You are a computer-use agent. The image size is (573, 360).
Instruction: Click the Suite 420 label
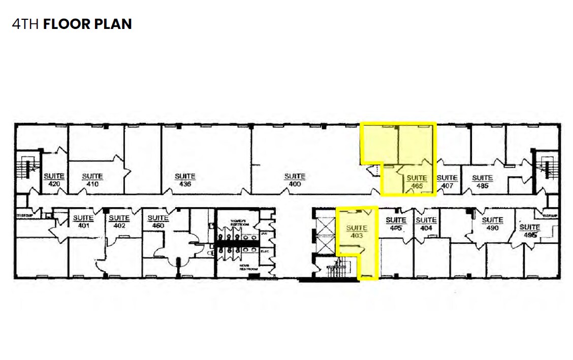tap(54, 180)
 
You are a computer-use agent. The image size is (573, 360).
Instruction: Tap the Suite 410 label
tap(92, 180)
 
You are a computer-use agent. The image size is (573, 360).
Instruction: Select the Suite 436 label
tap(185, 180)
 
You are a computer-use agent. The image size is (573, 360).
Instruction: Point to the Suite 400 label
tap(295, 180)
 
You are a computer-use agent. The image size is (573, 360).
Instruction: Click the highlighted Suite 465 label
tap(417, 182)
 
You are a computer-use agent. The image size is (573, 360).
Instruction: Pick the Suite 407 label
tap(447, 181)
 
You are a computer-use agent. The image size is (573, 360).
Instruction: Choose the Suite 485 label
tap(482, 181)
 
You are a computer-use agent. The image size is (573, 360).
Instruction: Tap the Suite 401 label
tap(83, 221)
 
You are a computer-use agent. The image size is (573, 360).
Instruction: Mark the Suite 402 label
tap(119, 221)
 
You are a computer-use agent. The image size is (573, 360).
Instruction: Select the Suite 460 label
tap(157, 221)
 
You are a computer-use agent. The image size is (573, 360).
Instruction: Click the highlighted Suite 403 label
tap(357, 232)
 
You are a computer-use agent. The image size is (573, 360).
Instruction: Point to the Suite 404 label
tap(426, 223)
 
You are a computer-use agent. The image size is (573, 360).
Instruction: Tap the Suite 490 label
tap(492, 223)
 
